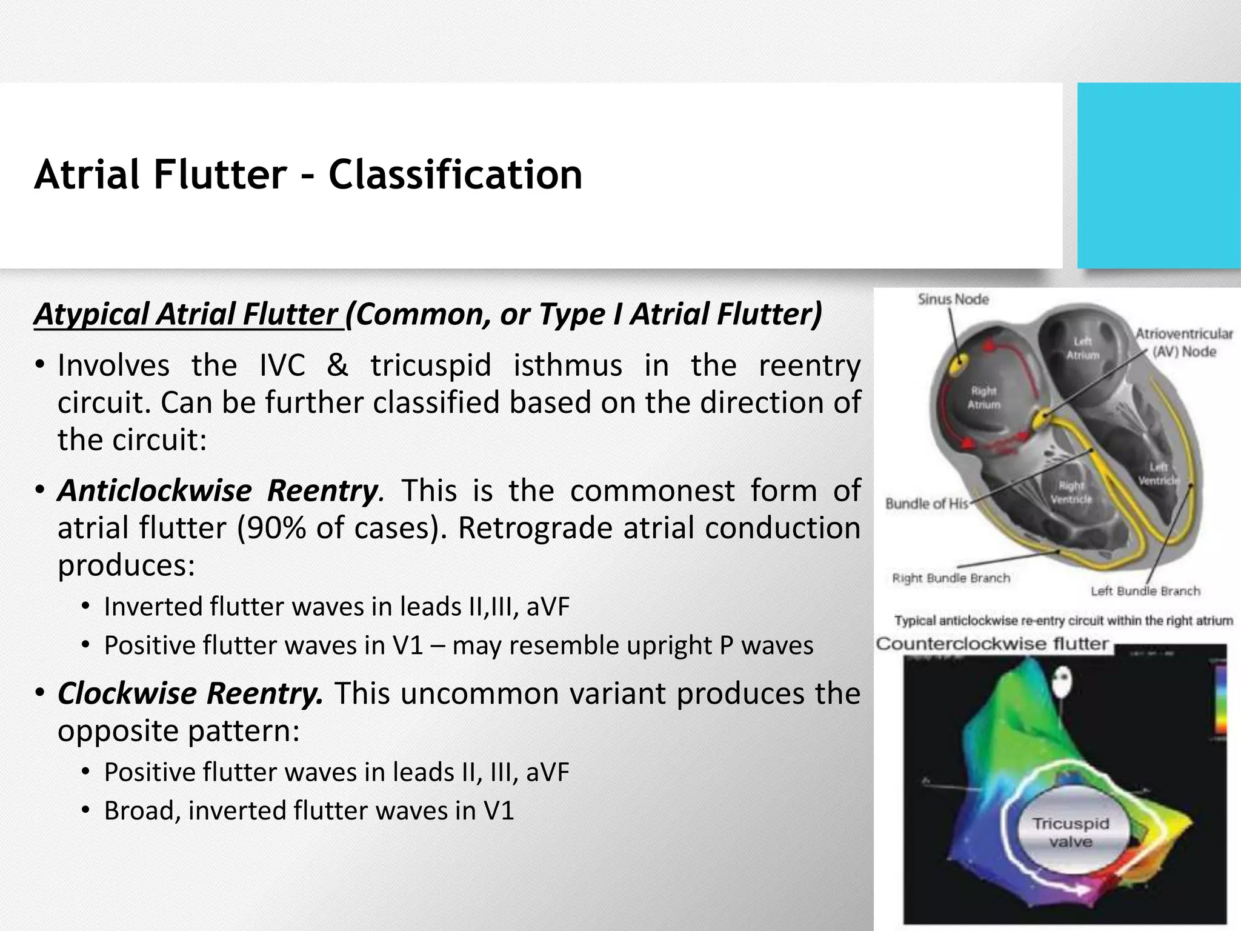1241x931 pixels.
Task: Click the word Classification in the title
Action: [x=455, y=175]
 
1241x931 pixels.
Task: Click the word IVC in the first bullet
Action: [x=282, y=365]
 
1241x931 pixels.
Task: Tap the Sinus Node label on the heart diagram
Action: [x=953, y=299]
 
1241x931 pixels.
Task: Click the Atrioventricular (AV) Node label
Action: [x=1183, y=342]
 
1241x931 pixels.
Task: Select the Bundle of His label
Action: [x=927, y=504]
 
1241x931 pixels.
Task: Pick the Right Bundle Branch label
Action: [x=951, y=578]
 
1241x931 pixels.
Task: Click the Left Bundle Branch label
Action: [x=1145, y=591]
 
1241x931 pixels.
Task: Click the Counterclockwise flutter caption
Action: [x=992, y=644]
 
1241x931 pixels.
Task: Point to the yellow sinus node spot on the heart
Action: [x=958, y=365]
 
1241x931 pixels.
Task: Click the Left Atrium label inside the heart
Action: [x=1082, y=349]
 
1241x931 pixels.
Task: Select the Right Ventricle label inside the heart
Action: [x=1071, y=492]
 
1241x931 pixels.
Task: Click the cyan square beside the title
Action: [x=1159, y=176]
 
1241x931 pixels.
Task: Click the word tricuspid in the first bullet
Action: [x=430, y=365]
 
